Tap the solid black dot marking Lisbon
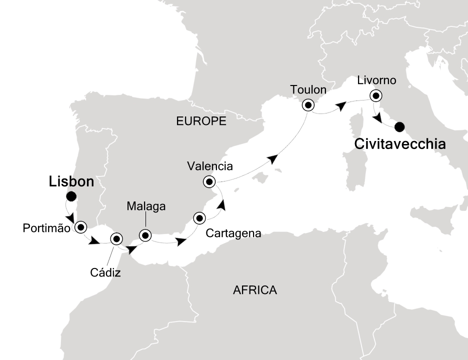71,197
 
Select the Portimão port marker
80,227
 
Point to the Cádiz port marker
116,238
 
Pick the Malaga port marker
145,234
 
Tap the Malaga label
146,206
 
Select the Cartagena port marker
199,218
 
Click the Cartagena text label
233,233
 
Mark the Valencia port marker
209,181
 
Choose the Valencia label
209,165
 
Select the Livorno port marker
375,95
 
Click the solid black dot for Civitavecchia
399,127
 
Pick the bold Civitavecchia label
400,144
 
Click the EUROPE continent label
201,121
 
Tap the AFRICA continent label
254,290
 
